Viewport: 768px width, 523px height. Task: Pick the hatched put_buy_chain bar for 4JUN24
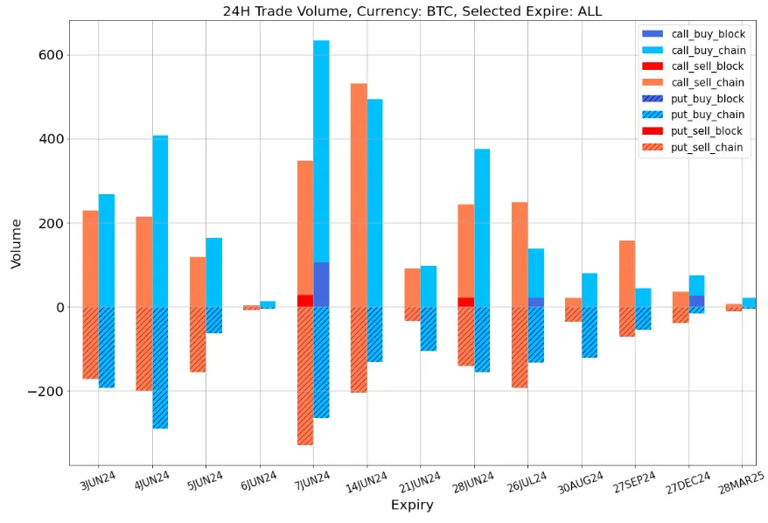tap(160, 367)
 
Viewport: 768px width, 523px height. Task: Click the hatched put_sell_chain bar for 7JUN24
tap(305, 376)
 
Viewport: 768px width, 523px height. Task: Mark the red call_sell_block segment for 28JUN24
tap(465, 302)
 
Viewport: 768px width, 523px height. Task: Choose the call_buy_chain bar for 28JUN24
tap(482, 227)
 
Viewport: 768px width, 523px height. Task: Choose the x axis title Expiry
tap(411, 506)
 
